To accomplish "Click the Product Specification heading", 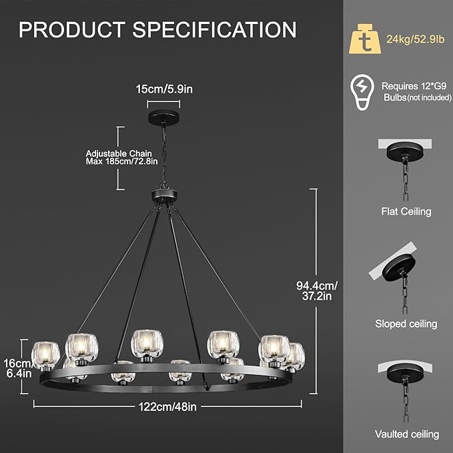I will pos(157,30).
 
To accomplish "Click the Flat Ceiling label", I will pos(406,211).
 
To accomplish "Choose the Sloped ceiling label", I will pos(406,324).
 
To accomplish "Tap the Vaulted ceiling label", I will pos(406,434).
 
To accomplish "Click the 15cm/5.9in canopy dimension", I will pos(163,87).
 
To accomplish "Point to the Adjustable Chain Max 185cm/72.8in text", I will pos(122,157).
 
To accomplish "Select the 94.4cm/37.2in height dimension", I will pos(317,291).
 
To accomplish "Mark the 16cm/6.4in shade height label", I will pos(17,368).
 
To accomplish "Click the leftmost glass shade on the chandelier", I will pos(45,354).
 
